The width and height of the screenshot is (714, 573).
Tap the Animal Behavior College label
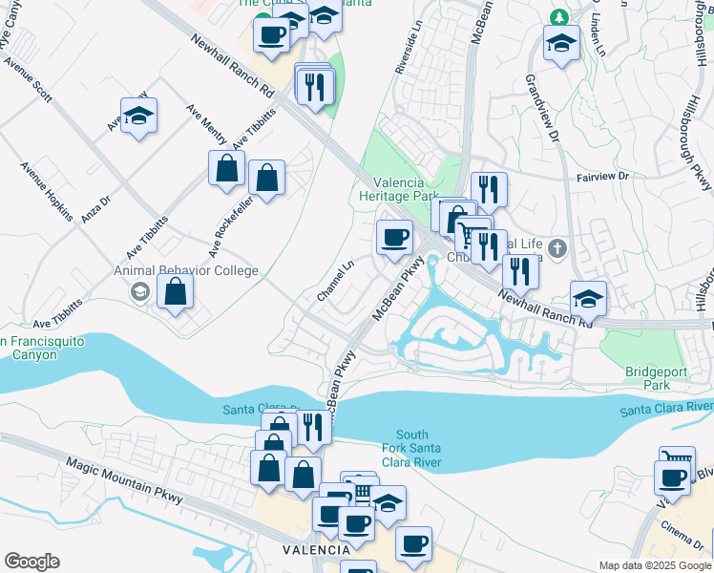(x=187, y=270)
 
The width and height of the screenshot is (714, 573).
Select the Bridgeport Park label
(x=648, y=378)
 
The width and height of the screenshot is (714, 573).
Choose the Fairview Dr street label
(x=603, y=177)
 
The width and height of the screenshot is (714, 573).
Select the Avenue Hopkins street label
(x=47, y=192)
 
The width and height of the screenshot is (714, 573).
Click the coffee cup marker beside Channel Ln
(x=394, y=237)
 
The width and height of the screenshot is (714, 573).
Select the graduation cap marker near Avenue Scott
(x=139, y=116)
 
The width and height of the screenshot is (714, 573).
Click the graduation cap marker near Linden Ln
(x=560, y=41)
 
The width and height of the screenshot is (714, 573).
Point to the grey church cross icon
(x=558, y=249)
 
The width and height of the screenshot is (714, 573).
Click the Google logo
(x=31, y=562)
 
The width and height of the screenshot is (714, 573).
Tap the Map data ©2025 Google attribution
(x=655, y=565)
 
